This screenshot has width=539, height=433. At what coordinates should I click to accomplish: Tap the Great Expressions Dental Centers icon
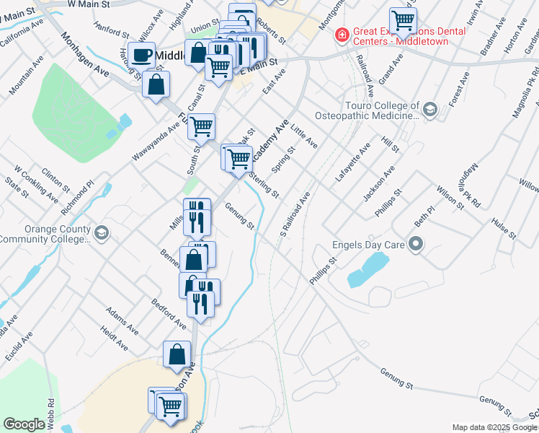point(341,34)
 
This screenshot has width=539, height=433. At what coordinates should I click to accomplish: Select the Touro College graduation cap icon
point(430,110)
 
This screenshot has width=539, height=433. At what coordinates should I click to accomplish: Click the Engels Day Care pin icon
point(415,244)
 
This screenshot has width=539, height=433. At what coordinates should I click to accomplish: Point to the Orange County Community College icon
point(102,232)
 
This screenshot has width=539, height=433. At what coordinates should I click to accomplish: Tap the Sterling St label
point(264,184)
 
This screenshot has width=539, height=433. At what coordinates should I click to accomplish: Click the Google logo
point(24,424)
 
